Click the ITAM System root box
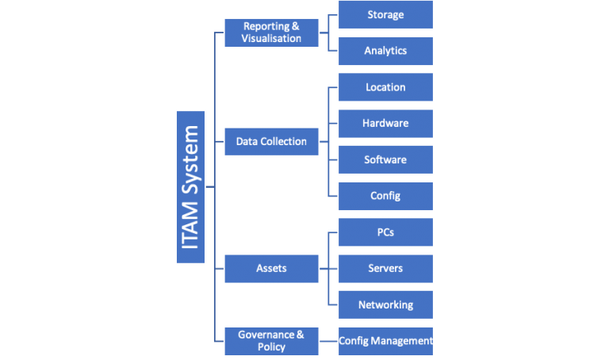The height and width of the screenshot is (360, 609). [x=190, y=186]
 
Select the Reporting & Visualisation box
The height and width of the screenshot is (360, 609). [x=271, y=33]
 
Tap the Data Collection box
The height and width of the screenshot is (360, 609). [x=271, y=141]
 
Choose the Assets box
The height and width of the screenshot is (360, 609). [x=271, y=268]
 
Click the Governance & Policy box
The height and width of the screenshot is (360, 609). [x=271, y=341]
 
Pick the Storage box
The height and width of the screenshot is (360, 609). [x=385, y=15]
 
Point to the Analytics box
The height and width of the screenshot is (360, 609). [x=385, y=51]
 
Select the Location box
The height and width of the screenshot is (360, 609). [x=385, y=87]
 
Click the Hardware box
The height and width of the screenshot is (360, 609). [x=385, y=124]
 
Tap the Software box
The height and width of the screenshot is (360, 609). [x=385, y=159]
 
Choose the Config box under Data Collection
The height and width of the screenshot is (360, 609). [x=385, y=196]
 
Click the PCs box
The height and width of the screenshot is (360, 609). [x=385, y=232]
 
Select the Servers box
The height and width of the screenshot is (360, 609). [x=385, y=268]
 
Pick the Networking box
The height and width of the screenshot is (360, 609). [x=385, y=304]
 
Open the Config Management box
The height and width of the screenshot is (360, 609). [x=385, y=341]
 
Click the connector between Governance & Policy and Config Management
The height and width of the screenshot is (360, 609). [x=328, y=341]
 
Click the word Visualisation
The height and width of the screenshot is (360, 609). [x=271, y=39]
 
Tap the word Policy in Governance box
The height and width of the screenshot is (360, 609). [x=271, y=347]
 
